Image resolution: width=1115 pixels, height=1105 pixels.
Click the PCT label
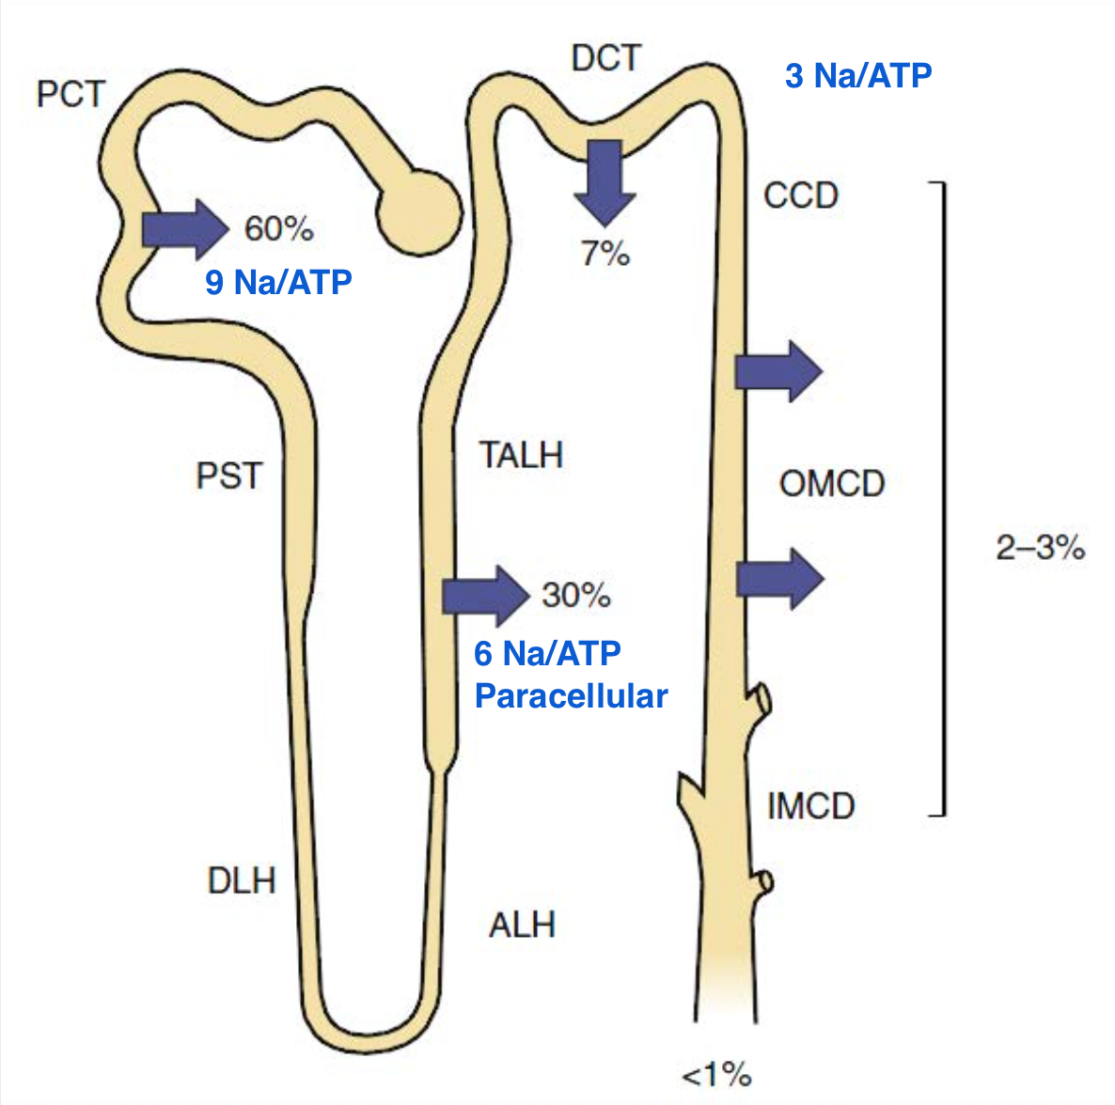[71, 94]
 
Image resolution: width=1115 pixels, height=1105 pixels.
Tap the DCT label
[606, 57]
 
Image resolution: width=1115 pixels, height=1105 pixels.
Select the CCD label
[801, 195]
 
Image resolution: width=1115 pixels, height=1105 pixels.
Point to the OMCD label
[832, 483]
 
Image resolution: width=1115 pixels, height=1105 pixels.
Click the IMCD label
[810, 806]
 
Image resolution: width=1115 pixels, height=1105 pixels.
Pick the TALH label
[521, 455]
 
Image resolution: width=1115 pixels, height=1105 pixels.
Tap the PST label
[229, 475]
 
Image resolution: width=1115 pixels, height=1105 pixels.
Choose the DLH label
[242, 880]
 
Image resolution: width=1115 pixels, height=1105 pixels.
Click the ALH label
[522, 925]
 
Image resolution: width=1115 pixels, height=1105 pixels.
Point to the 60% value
[278, 229]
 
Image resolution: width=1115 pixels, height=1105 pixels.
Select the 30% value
[576, 595]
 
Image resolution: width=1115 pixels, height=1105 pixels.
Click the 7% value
[605, 253]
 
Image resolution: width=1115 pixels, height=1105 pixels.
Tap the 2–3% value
[1041, 547]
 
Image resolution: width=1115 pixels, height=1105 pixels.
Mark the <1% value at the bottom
[716, 1074]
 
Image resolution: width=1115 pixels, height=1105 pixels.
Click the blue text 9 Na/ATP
[278, 281]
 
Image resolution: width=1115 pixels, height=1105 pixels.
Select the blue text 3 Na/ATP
[858, 75]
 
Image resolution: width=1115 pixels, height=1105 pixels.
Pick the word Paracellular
[571, 695]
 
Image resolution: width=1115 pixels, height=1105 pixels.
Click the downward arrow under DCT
[605, 183]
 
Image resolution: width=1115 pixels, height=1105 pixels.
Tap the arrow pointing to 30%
[486, 597]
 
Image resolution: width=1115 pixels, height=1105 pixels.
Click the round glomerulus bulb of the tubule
[419, 211]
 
